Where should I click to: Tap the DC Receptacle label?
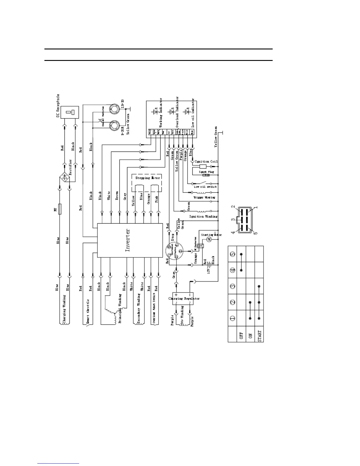tap(58, 105)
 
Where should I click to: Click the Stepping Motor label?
tap(148, 178)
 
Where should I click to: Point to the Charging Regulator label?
tap(184, 298)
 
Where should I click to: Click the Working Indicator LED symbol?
tap(155, 111)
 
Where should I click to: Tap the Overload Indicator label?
tap(177, 113)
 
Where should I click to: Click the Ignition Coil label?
tap(206, 162)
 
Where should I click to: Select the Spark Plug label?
tap(206, 172)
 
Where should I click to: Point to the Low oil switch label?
tap(205, 187)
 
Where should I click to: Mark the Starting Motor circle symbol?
tap(210, 240)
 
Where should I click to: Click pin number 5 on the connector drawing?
tap(255, 232)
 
